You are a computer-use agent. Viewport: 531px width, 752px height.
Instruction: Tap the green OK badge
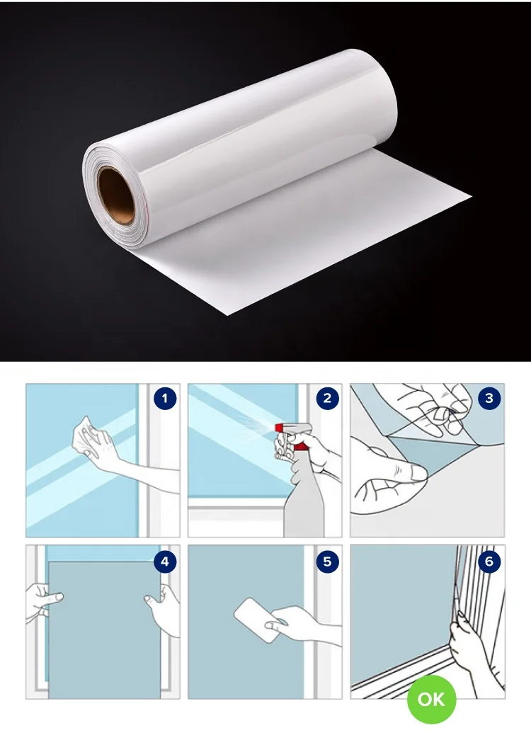(431, 699)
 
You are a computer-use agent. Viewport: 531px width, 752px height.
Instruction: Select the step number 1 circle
(165, 399)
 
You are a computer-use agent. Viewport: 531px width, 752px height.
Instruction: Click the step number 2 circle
(327, 398)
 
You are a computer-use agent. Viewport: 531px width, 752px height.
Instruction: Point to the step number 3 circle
(489, 398)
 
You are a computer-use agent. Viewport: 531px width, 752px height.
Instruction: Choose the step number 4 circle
(165, 562)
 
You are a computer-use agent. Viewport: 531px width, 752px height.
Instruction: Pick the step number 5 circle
(327, 562)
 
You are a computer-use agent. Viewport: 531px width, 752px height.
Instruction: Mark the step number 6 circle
(489, 562)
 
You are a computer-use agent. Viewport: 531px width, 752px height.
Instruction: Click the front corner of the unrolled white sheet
(227, 314)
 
